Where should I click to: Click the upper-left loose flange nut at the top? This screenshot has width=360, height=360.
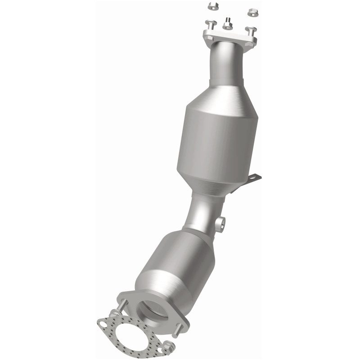click(212, 6)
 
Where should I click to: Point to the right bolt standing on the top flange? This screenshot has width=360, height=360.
click(251, 31)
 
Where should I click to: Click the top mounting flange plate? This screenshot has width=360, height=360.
click(229, 38)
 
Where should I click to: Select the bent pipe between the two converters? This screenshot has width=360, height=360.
click(202, 211)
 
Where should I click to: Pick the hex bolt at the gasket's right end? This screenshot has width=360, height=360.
click(168, 346)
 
